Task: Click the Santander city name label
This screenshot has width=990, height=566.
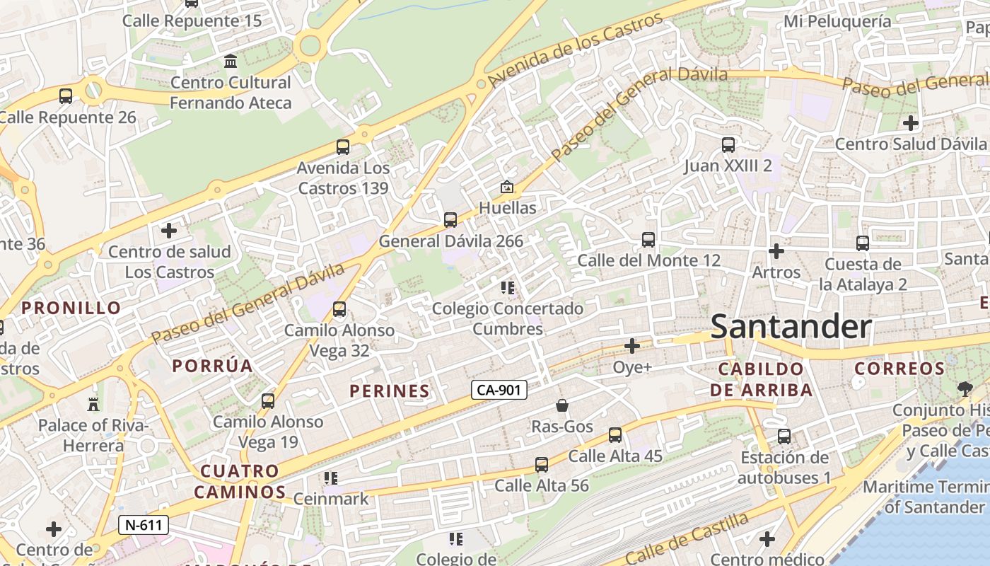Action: pyautogui.click(x=791, y=327)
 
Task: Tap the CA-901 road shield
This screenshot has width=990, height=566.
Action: pyautogui.click(x=499, y=390)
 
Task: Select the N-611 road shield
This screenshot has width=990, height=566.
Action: pyautogui.click(x=144, y=525)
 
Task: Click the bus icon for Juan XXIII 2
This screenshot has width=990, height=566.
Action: pyautogui.click(x=728, y=145)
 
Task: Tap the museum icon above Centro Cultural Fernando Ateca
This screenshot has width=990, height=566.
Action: pyautogui.click(x=231, y=62)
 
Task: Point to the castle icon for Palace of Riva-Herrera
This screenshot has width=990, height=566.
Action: pyautogui.click(x=93, y=404)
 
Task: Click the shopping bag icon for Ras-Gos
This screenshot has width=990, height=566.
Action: pyautogui.click(x=562, y=405)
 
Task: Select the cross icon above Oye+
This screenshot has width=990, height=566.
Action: pyautogui.click(x=632, y=346)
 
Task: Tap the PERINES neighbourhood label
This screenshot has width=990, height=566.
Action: pyautogui.click(x=390, y=391)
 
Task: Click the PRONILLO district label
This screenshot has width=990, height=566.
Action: pyautogui.click(x=71, y=308)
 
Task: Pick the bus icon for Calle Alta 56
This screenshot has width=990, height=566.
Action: pyautogui.click(x=542, y=465)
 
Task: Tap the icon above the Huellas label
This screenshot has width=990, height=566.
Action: pyautogui.click(x=507, y=187)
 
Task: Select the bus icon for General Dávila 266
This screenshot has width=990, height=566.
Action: pyautogui.click(x=450, y=220)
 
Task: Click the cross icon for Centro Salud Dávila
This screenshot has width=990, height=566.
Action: pyautogui.click(x=911, y=123)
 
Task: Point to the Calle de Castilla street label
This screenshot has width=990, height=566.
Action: pyautogui.click(x=686, y=537)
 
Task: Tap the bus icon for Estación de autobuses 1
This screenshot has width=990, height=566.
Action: pyautogui.click(x=784, y=437)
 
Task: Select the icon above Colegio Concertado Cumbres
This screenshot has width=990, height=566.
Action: pyautogui.click(x=507, y=288)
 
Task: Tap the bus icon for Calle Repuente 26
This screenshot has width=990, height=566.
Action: pyautogui.click(x=66, y=96)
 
